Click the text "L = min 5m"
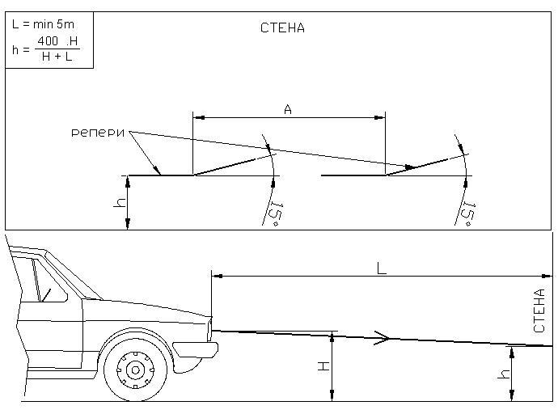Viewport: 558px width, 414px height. (x=42, y=24)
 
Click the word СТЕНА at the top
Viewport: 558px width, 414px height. (x=282, y=28)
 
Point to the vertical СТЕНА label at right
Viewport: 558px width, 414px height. (x=540, y=310)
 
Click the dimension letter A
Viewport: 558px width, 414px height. (x=288, y=108)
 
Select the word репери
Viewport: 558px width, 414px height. (x=98, y=132)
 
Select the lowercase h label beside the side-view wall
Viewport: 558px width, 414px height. (x=504, y=374)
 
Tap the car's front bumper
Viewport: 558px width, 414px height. (x=197, y=350)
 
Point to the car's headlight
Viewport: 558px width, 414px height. (x=209, y=328)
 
